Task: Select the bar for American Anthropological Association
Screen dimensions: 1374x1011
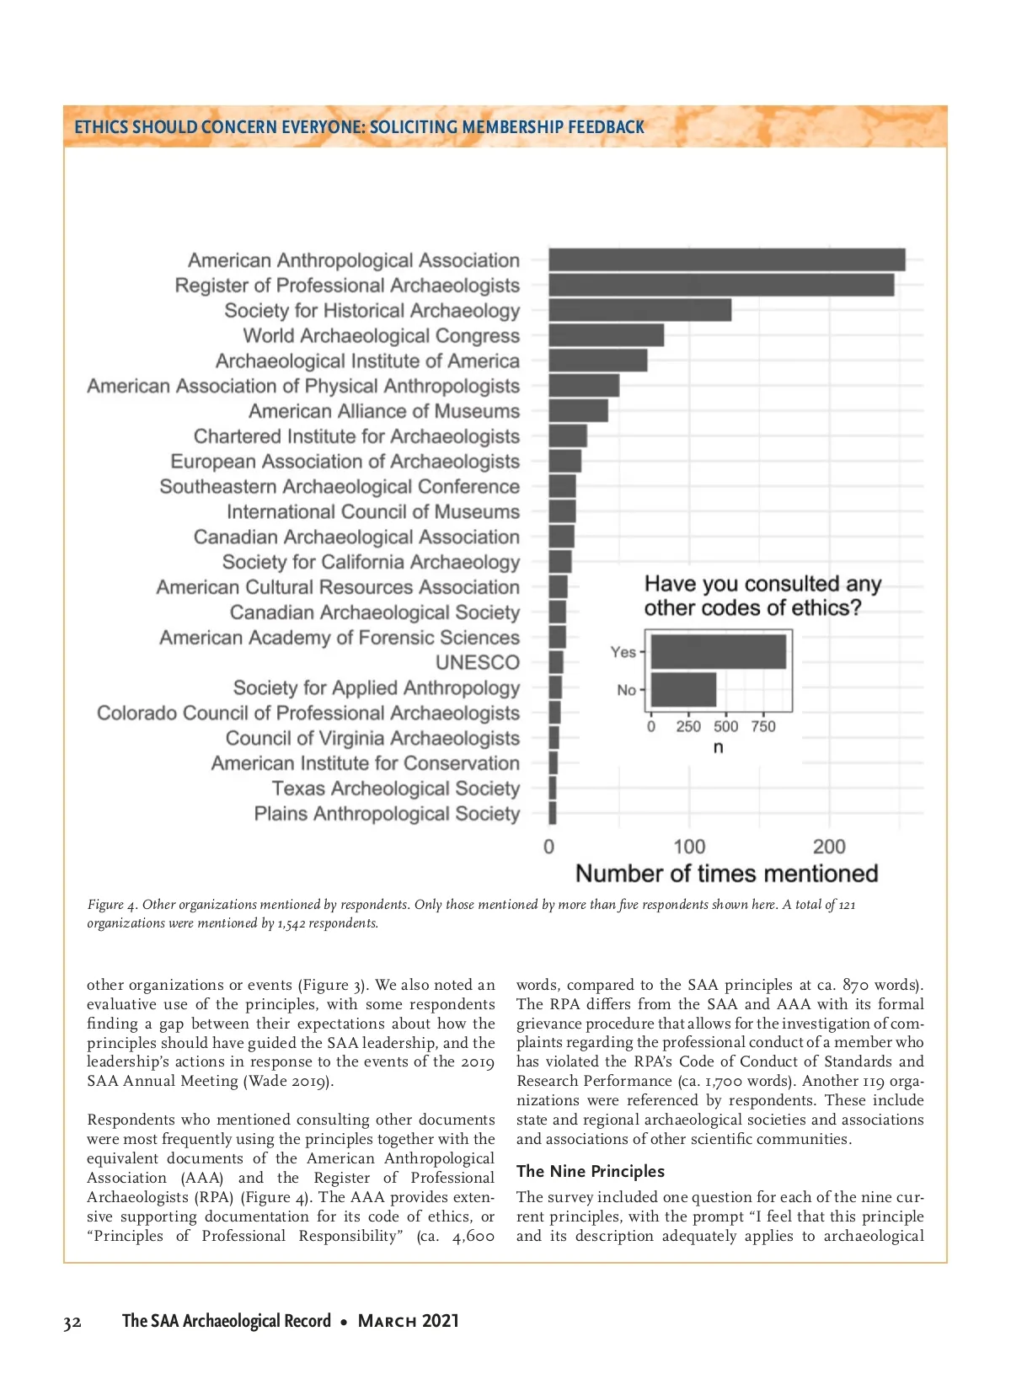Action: [x=726, y=259]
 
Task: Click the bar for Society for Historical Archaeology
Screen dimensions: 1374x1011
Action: [x=639, y=310]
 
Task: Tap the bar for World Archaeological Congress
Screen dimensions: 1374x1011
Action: [x=606, y=335]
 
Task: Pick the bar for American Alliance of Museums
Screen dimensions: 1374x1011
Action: [x=578, y=411]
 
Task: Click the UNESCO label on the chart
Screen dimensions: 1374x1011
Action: [x=477, y=663]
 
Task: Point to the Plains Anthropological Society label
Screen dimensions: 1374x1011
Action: [x=387, y=814]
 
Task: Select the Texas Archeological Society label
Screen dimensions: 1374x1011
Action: [x=395, y=789]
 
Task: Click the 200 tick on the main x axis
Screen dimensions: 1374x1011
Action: [x=829, y=847]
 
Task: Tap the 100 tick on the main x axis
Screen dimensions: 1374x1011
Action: [x=689, y=847]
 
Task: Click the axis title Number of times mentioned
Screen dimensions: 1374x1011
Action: [x=726, y=874]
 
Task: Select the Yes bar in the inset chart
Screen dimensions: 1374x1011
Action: [x=718, y=652]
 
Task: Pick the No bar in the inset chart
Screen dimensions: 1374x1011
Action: [x=683, y=690]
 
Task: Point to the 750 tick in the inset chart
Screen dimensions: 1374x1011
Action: [x=763, y=726]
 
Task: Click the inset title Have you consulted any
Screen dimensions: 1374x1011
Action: [x=762, y=584]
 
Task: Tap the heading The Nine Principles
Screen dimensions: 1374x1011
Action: [x=590, y=1171]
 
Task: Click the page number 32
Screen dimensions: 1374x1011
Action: [x=72, y=1322]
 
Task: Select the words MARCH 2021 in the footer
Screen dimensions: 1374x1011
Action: [x=409, y=1321]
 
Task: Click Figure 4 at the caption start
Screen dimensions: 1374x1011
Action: [x=112, y=905]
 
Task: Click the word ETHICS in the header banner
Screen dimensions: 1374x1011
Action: [x=101, y=127]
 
